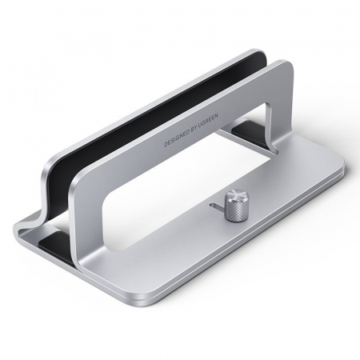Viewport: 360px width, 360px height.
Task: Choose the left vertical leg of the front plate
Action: click(82, 232)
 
